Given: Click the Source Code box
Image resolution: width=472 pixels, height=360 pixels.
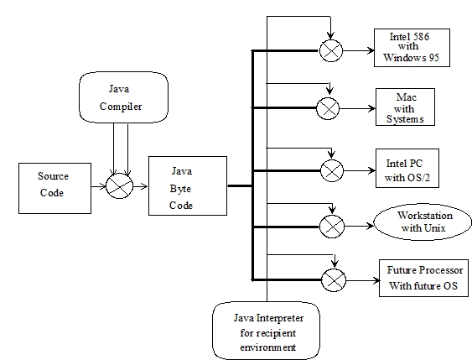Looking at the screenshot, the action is click(54, 188).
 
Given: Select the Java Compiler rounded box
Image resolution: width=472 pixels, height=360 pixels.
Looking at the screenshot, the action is click(124, 97).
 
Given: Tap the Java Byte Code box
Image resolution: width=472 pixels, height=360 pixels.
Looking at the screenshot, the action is click(188, 185).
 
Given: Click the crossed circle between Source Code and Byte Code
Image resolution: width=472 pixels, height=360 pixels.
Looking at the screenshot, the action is click(120, 186).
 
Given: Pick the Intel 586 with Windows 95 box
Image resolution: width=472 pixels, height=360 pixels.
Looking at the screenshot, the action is click(412, 48).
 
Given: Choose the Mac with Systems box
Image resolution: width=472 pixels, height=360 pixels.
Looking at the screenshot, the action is click(405, 107).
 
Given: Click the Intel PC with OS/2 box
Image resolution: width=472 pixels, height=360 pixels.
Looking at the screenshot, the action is click(407, 168).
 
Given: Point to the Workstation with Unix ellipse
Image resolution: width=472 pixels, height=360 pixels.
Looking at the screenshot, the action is click(423, 222).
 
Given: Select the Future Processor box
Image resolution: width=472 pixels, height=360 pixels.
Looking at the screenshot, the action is click(424, 278).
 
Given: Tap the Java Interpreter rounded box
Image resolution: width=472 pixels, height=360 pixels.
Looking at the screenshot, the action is click(266, 331).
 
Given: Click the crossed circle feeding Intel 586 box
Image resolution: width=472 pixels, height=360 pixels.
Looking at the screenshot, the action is click(331, 50).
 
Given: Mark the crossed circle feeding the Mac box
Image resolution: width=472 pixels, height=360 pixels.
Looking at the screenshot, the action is click(328, 108).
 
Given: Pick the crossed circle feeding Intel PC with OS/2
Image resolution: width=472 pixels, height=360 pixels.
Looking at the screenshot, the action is click(332, 170).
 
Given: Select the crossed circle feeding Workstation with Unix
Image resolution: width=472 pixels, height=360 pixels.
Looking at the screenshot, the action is click(332, 227).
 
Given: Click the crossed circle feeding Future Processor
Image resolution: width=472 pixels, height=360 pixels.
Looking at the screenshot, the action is click(334, 280).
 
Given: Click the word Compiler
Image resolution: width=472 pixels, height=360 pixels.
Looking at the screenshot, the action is click(121, 107).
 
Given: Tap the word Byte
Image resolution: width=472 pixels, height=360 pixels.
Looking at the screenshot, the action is click(180, 189).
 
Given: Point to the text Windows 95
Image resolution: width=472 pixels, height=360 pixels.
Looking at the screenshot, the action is click(411, 57).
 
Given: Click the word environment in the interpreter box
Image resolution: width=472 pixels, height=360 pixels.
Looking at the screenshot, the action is click(268, 347).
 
